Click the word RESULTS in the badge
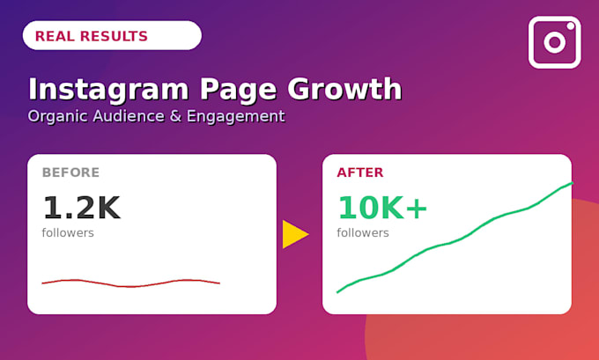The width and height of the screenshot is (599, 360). point(114,36)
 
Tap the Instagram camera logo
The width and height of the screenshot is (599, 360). point(555,42)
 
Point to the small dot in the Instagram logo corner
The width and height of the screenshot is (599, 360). point(571,26)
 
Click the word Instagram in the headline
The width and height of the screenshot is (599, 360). point(108,89)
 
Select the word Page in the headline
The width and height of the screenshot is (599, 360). point(238,90)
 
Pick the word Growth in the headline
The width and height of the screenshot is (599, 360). point(344,89)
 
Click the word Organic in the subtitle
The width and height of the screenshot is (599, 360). point(57,116)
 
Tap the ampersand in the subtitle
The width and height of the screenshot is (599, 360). point(175,116)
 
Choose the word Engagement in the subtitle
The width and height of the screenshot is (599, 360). point(235,116)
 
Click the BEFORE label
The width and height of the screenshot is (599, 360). point(70,173)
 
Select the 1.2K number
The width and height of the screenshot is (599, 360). point(82,208)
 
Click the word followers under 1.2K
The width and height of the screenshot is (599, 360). point(68,232)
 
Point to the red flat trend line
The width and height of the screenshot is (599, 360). point(130,283)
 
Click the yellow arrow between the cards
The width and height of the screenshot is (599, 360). point(295,234)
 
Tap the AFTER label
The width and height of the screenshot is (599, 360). point(360,173)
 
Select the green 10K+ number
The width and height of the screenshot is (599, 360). point(382,208)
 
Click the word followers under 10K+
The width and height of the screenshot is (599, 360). point(363,232)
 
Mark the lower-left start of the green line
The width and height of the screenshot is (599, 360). point(337,292)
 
